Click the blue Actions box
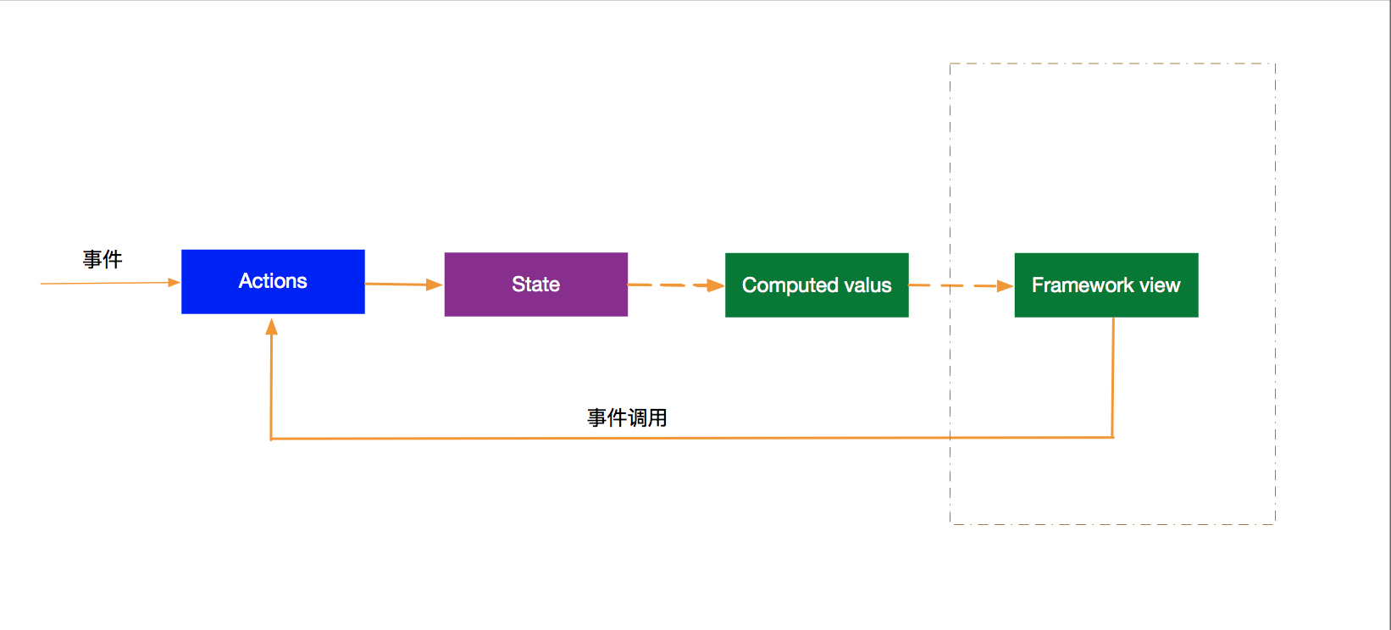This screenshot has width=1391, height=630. coord(274,282)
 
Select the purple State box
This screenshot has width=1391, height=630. coord(536,285)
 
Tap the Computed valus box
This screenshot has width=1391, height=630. coord(817,285)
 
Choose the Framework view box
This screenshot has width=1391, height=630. coord(1106,285)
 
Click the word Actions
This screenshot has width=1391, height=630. coord(274,281)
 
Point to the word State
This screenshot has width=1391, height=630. coord(536,285)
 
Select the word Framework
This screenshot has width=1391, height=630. coord(1083,285)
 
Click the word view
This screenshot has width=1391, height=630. coord(1160,285)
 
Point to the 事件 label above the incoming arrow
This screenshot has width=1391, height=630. coord(103,259)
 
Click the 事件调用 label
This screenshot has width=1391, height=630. coord(627,417)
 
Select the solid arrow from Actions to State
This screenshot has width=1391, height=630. coord(403,285)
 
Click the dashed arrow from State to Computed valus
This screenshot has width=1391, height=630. coord(676,285)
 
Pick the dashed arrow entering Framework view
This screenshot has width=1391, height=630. coord(962,285)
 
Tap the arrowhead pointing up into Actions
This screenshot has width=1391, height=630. coord(271,327)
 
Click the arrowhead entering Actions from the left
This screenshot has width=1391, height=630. coord(174,283)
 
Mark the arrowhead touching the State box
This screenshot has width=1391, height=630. coord(435,285)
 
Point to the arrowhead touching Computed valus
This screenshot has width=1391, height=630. coord(716,285)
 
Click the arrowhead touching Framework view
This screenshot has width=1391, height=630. coord(1006,286)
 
